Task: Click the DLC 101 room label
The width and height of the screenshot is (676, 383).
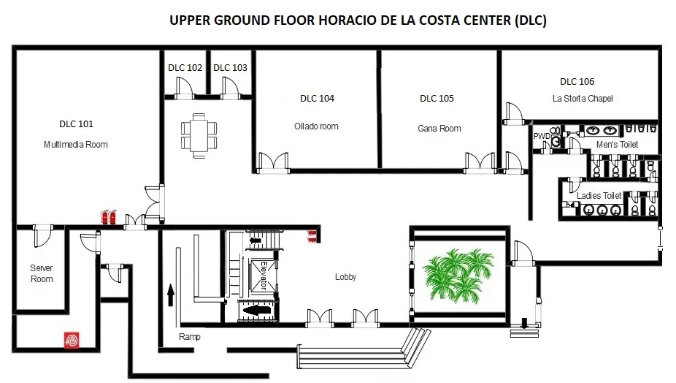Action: point(77,124)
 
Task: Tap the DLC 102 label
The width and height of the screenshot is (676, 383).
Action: point(185,68)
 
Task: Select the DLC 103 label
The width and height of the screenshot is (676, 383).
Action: point(230,68)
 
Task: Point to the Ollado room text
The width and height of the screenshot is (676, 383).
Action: point(316,126)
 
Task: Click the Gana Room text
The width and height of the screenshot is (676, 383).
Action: point(439,128)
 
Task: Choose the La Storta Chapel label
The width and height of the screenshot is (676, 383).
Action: point(583,99)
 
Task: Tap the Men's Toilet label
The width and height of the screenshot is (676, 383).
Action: point(617,145)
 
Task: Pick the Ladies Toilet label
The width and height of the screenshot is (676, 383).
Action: point(599,196)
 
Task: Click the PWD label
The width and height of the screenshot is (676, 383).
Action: point(542,136)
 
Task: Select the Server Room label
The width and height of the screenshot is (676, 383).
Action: point(42,273)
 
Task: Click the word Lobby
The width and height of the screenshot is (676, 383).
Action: point(346,277)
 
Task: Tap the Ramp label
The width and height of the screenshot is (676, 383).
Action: point(190,337)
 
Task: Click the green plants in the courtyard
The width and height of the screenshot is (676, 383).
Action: point(458,275)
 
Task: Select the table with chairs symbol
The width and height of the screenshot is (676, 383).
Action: point(199,135)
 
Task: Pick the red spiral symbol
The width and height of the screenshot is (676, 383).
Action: point(72,341)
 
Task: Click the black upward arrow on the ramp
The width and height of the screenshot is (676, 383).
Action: point(171,295)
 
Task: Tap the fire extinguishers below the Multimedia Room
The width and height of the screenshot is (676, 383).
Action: point(108,217)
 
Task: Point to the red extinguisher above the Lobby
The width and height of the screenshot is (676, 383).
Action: point(312,236)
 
